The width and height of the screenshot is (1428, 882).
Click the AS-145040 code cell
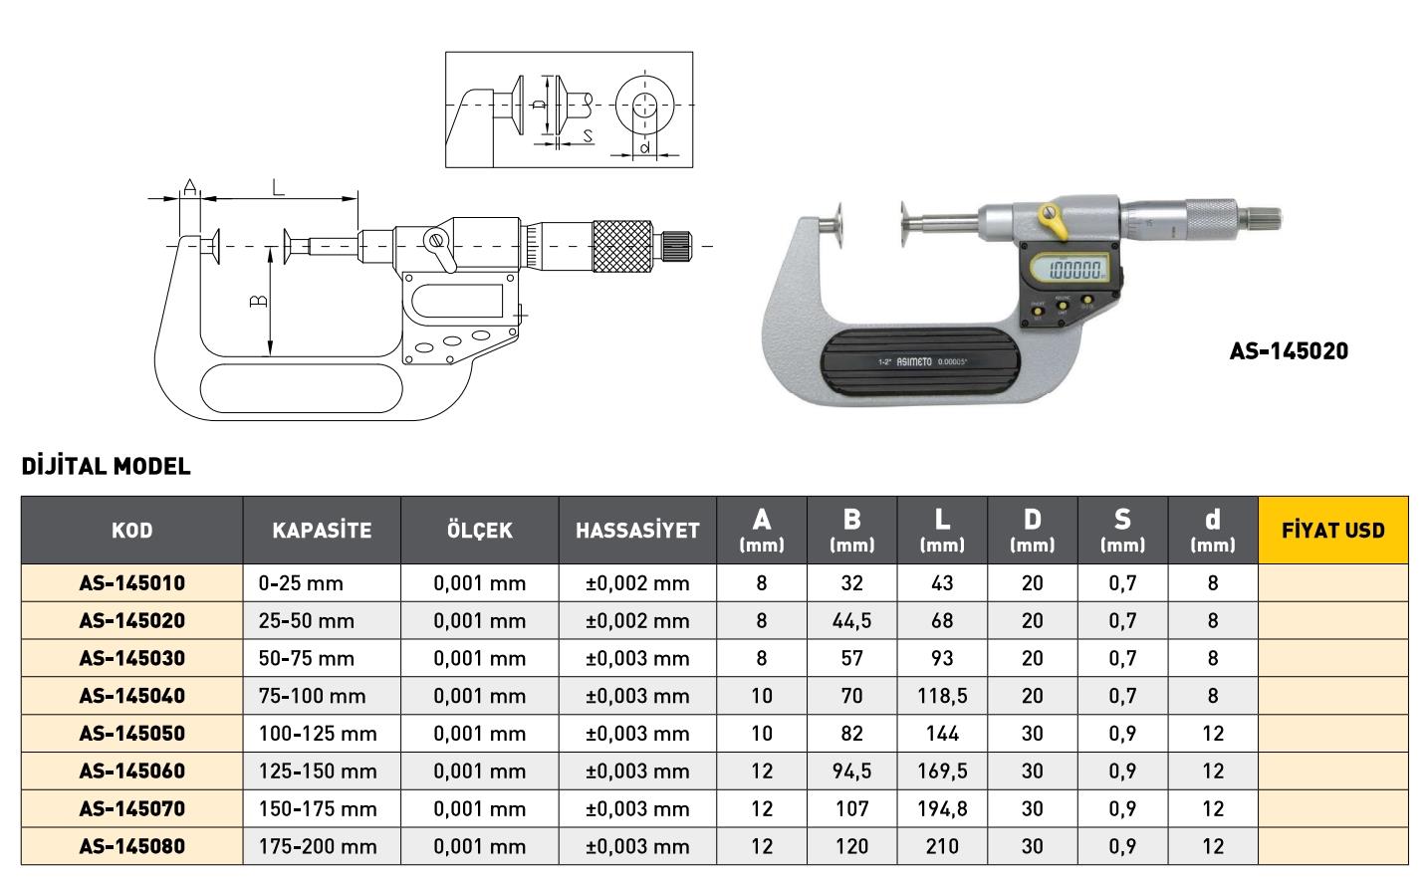[x=132, y=695]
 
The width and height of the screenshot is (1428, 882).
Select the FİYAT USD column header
[x=1333, y=531]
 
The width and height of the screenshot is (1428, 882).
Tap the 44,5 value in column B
[x=851, y=620]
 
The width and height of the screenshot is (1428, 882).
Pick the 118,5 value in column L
[x=942, y=695]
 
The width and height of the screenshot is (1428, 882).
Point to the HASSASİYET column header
[x=637, y=531]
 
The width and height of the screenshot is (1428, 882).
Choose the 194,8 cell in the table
[x=942, y=808]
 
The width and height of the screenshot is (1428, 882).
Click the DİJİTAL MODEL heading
[x=106, y=466]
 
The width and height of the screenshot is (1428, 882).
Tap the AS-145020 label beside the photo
[x=1289, y=351]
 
